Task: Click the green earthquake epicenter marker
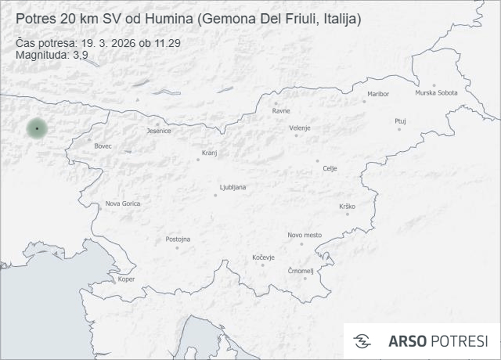(x=37, y=129)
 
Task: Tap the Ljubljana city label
(x=233, y=187)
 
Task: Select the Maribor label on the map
(x=378, y=94)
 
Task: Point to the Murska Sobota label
(x=436, y=93)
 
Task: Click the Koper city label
(x=126, y=279)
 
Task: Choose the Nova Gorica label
(x=123, y=203)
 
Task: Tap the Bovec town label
(x=103, y=146)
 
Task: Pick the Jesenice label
(x=159, y=131)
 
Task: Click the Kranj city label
(x=210, y=153)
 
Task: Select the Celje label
(x=330, y=169)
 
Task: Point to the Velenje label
(x=300, y=128)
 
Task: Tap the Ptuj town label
(x=400, y=121)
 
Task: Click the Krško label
(x=347, y=207)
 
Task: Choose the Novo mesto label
(x=304, y=235)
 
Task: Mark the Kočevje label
(x=263, y=258)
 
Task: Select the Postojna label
(x=177, y=239)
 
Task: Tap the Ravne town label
(x=281, y=111)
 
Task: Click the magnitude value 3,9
(x=78, y=54)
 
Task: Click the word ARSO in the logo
(x=407, y=341)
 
